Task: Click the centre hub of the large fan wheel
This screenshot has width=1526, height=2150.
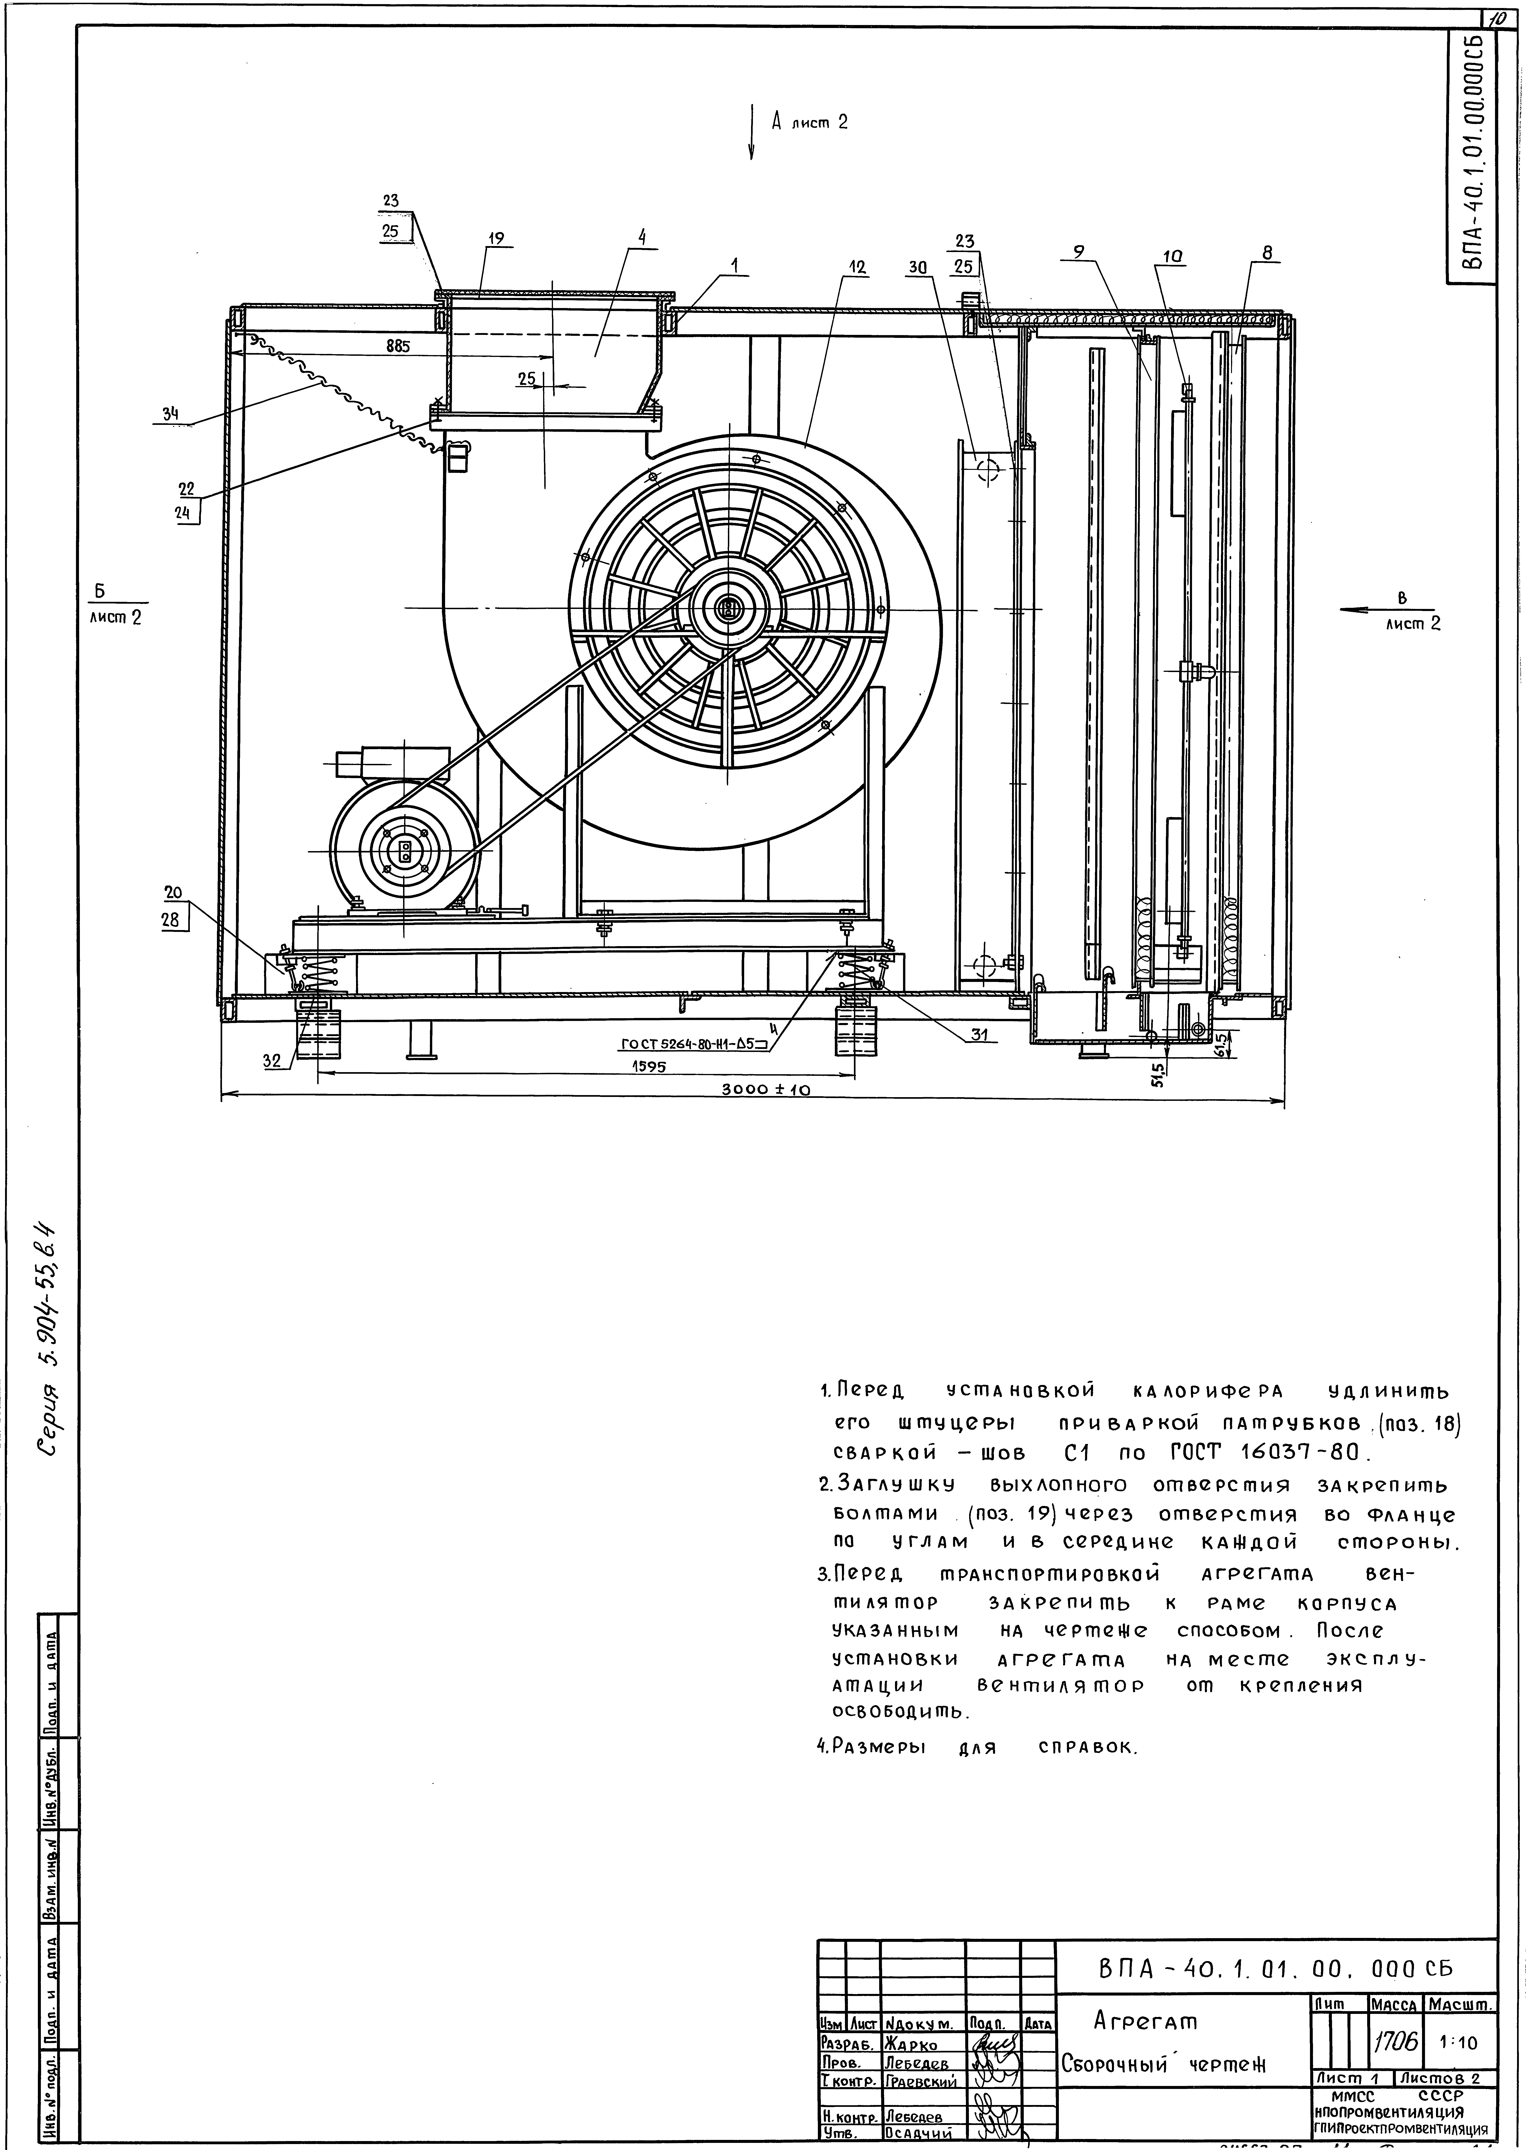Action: click(x=728, y=609)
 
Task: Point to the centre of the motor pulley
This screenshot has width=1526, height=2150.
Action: click(x=405, y=851)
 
